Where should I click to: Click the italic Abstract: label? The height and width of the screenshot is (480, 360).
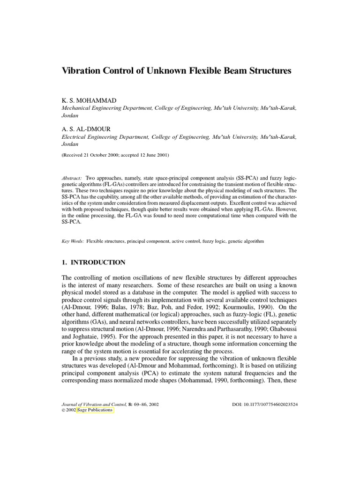click(72, 179)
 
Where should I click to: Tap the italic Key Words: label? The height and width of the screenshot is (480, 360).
click(73, 241)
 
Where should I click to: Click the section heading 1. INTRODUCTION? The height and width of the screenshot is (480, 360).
click(93, 262)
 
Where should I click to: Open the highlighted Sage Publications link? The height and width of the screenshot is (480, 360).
click(96, 409)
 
